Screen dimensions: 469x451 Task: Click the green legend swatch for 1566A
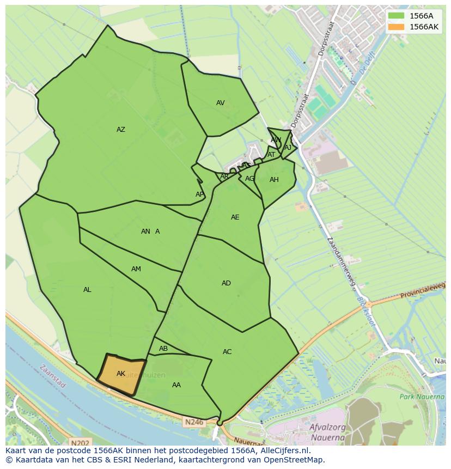click(397, 16)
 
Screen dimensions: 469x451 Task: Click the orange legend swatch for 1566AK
click(397, 27)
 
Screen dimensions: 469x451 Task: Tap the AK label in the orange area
click(121, 373)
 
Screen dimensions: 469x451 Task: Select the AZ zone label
click(121, 130)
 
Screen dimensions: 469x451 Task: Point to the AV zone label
click(220, 103)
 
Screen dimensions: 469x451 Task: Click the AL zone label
click(87, 290)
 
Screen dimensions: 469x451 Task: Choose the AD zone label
click(226, 283)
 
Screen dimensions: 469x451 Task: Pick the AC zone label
click(227, 352)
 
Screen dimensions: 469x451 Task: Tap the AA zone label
click(176, 385)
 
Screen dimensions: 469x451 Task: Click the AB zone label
click(163, 349)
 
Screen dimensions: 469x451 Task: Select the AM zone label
click(136, 269)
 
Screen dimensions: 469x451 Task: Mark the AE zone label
click(235, 217)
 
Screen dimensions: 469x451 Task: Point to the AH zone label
click(274, 180)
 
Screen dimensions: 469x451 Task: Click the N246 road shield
click(193, 422)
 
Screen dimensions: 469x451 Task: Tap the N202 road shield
click(80, 443)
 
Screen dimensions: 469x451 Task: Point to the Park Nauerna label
click(422, 397)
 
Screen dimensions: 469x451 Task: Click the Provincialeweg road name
click(423, 292)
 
